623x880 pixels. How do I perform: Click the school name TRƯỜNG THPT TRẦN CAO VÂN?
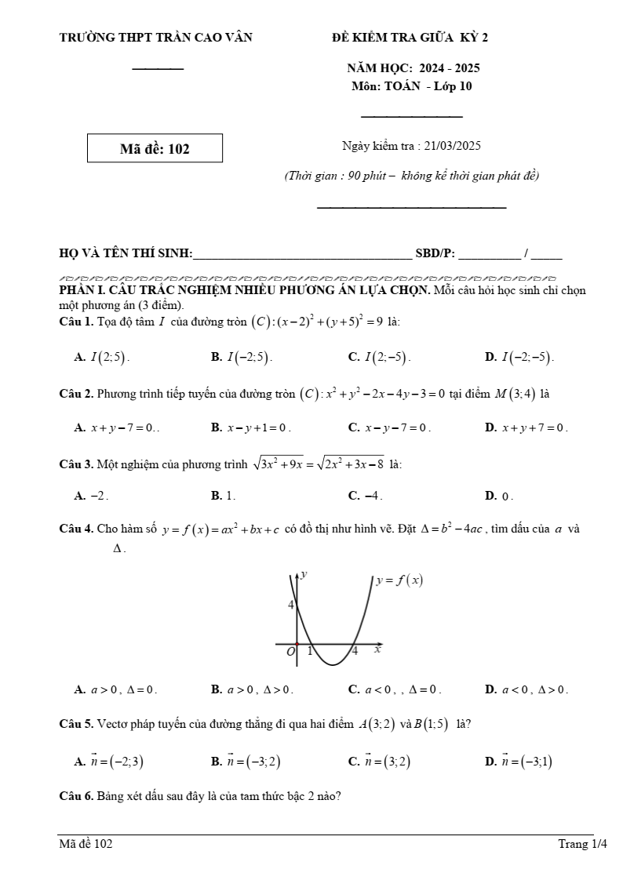click(x=155, y=37)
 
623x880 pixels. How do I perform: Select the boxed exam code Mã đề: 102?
click(x=155, y=148)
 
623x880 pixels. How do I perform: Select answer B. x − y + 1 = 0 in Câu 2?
click(x=251, y=428)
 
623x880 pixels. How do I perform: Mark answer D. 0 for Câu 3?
click(x=500, y=496)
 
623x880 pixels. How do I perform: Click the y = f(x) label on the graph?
click(x=399, y=580)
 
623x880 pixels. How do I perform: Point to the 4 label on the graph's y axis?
click(x=290, y=605)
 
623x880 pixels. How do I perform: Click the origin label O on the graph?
click(x=290, y=651)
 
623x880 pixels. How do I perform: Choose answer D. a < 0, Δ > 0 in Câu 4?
click(x=526, y=690)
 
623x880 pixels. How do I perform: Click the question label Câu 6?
click(x=76, y=796)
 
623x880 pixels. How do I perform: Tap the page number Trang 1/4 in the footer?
click(x=582, y=844)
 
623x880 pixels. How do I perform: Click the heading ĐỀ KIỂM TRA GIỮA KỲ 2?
click(x=410, y=37)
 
